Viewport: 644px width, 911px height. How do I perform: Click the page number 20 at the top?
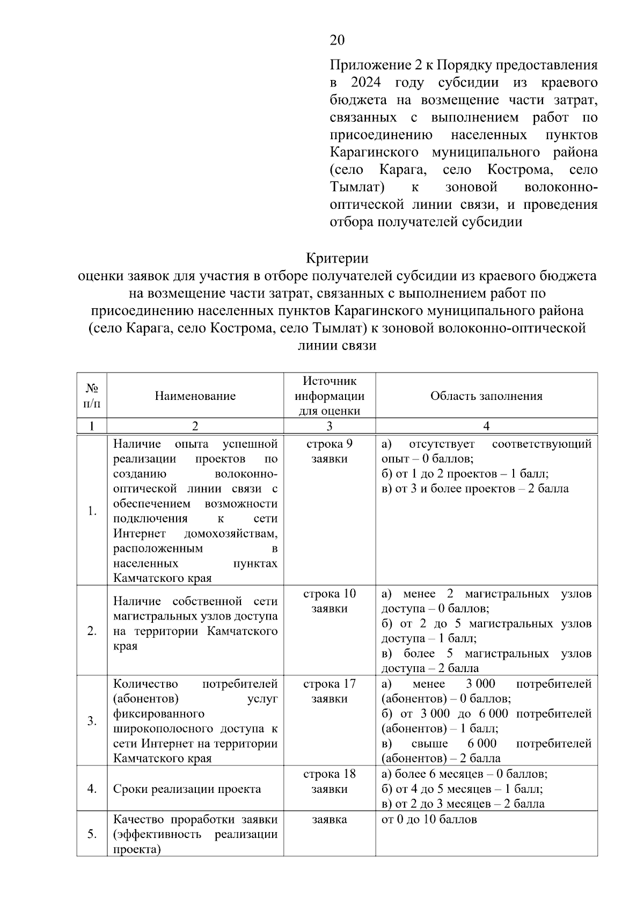337,40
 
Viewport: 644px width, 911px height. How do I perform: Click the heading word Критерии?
337,258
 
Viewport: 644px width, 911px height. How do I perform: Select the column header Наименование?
195,396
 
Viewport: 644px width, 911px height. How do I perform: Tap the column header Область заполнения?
486,396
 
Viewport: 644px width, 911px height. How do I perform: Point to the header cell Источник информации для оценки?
329,396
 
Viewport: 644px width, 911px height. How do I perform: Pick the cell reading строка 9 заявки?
329,451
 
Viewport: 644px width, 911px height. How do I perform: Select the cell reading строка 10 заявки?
329,601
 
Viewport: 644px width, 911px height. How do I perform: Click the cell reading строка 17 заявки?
329,691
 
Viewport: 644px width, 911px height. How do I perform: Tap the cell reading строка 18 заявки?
329,782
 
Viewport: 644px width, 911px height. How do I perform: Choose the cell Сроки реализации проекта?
187,789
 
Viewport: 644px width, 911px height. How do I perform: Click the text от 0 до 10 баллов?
429,820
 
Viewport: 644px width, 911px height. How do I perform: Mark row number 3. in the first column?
92,720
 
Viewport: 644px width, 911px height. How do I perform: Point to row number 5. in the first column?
92,834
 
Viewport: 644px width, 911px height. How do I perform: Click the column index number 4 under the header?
486,426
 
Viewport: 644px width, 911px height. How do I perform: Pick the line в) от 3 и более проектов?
474,489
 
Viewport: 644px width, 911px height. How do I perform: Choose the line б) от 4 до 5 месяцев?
462,789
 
